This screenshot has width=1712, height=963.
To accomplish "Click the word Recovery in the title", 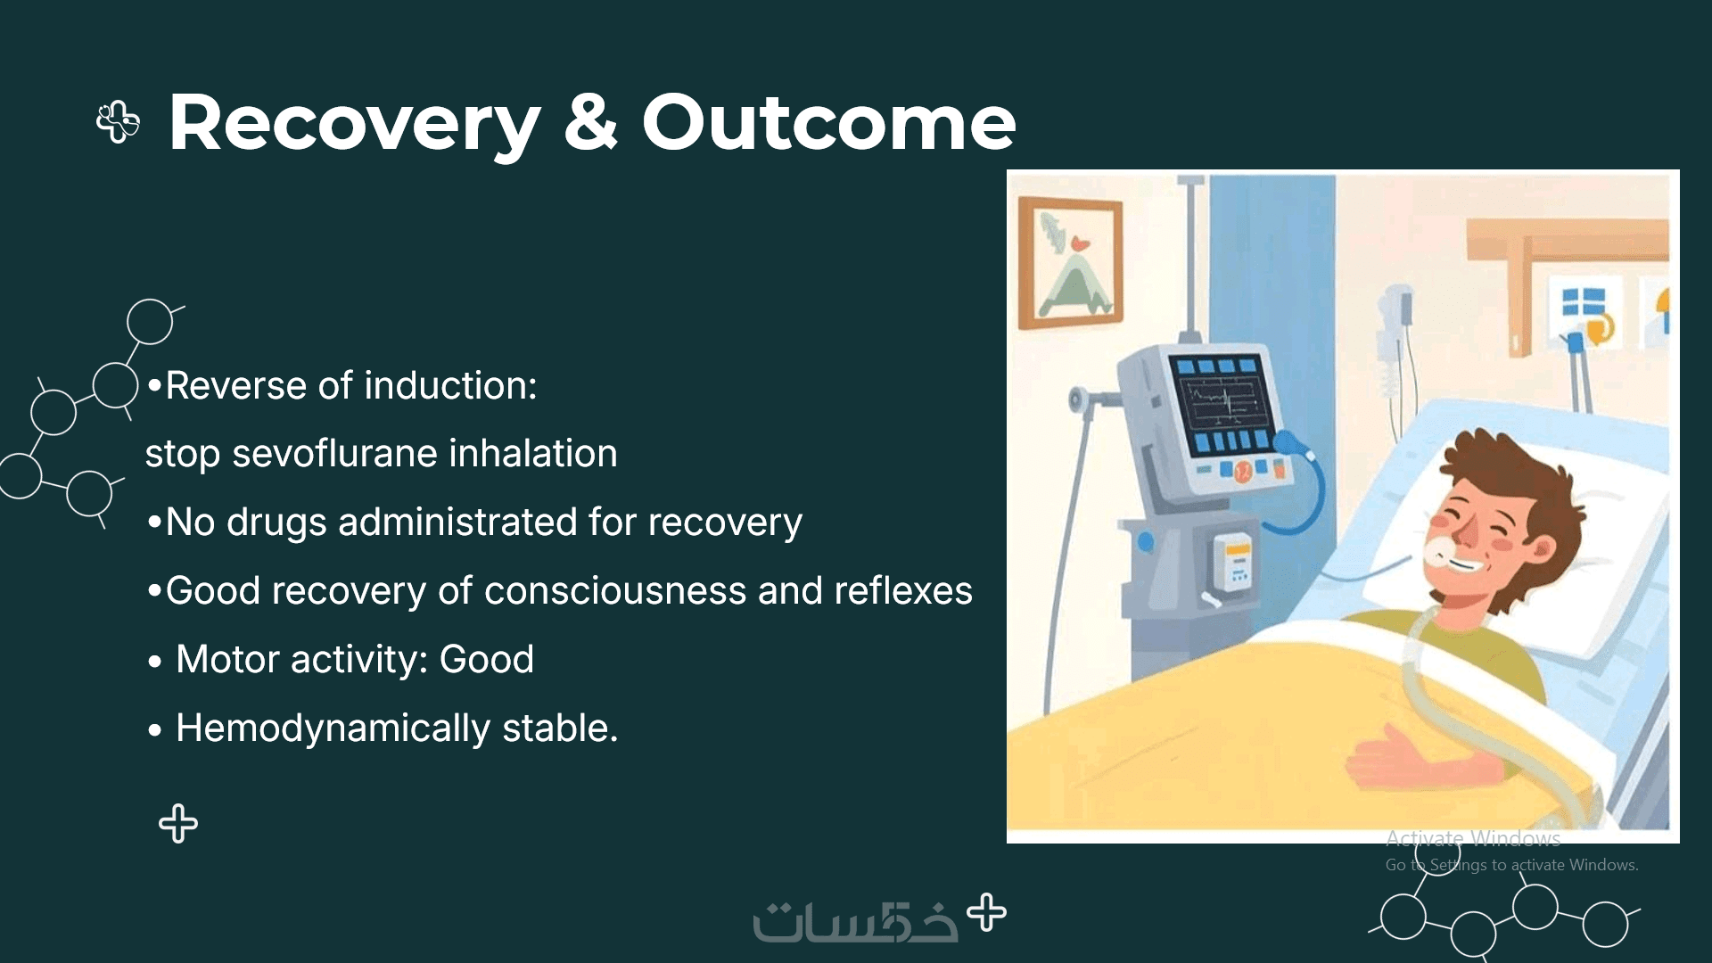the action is (x=355, y=123).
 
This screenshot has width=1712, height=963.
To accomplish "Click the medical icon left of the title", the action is (x=118, y=122).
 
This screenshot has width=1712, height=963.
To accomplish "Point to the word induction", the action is (x=451, y=385).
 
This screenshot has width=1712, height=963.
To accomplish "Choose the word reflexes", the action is (x=903, y=590).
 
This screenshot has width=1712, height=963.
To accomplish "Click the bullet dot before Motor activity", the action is (x=155, y=662).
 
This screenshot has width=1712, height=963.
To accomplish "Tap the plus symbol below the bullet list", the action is (x=178, y=824).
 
